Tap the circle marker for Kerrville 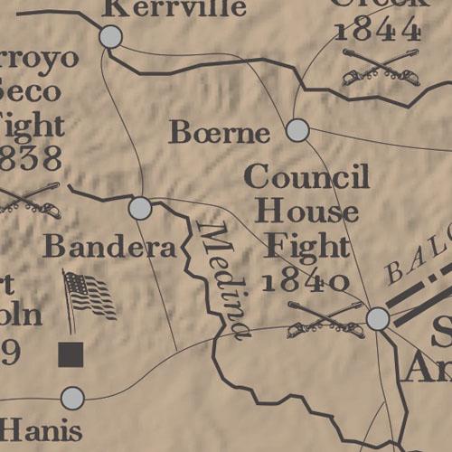pos(110,36)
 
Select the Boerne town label pos(220,134)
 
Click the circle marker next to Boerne pos(297,130)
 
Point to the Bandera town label pos(109,246)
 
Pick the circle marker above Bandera pos(140,208)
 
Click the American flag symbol pos(89,295)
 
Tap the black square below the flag pos(71,354)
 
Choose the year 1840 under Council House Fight pos(306,280)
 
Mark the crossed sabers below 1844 pos(381,69)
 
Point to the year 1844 pos(378,29)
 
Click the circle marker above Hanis pos(71,398)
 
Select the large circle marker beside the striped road pos(378,318)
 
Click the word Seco pos(32,90)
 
